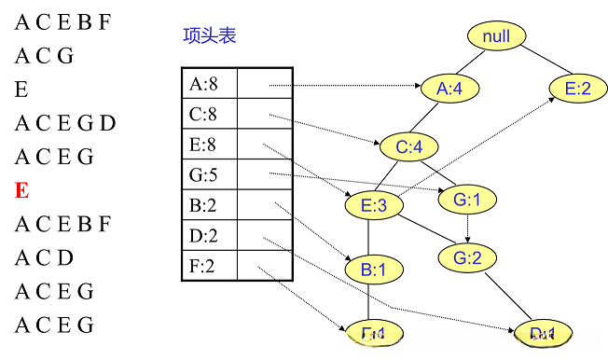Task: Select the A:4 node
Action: point(450,89)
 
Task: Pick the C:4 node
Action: point(409,147)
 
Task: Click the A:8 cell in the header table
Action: point(209,84)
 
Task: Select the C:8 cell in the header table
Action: point(209,115)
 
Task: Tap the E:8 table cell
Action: point(209,145)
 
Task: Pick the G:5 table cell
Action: point(209,174)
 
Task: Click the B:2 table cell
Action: point(209,205)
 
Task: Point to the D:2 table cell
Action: point(209,235)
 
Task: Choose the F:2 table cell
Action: point(209,266)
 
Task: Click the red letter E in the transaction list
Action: point(21,191)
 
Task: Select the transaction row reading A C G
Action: point(43,56)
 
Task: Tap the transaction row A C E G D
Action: point(65,123)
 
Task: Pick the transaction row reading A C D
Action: point(44,258)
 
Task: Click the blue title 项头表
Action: point(209,35)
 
